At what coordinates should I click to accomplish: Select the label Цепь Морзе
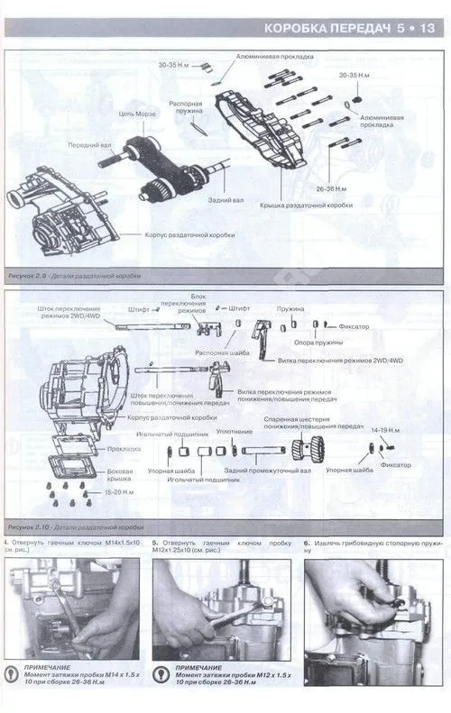pyautogui.click(x=139, y=114)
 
